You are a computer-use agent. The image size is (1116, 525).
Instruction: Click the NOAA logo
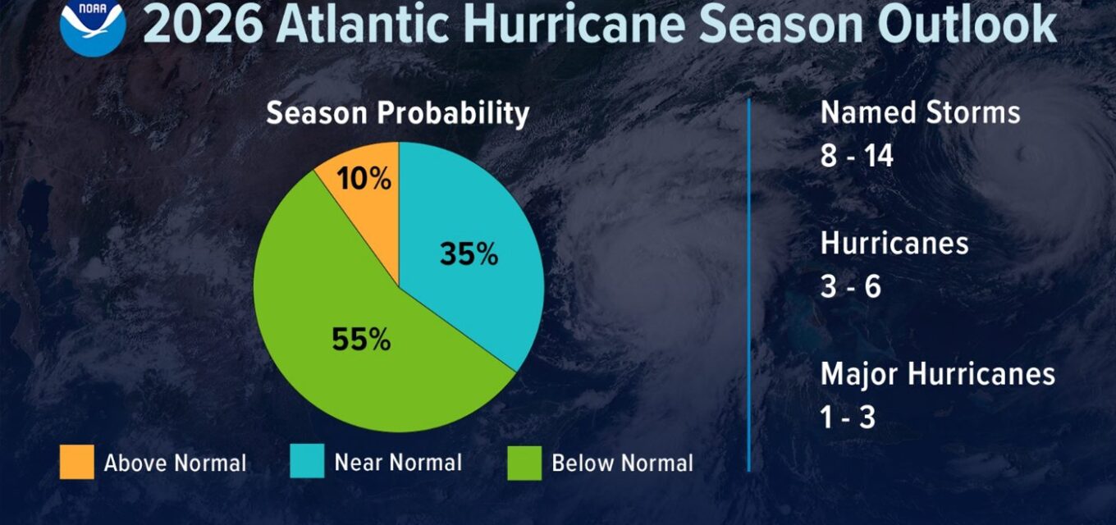93,25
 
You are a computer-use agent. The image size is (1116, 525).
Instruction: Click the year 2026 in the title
203,24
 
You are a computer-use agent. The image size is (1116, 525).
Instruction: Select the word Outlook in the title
968,24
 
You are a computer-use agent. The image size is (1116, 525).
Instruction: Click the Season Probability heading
397,114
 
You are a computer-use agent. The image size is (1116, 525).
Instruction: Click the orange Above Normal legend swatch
77,462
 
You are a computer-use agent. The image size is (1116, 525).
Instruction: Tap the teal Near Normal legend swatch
308,461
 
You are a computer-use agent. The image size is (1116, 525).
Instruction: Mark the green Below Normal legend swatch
524,463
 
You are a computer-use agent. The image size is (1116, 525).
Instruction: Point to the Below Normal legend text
622,463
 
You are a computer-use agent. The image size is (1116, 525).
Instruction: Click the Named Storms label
920,112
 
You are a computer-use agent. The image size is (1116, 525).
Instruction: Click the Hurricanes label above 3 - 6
894,243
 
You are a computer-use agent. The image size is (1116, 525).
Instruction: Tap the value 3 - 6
850,286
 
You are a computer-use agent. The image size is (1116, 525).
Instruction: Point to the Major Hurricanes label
938,374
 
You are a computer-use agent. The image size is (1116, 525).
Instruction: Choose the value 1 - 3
848,418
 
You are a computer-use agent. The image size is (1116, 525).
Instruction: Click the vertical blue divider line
749,285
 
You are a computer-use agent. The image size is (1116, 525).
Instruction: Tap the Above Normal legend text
175,463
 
